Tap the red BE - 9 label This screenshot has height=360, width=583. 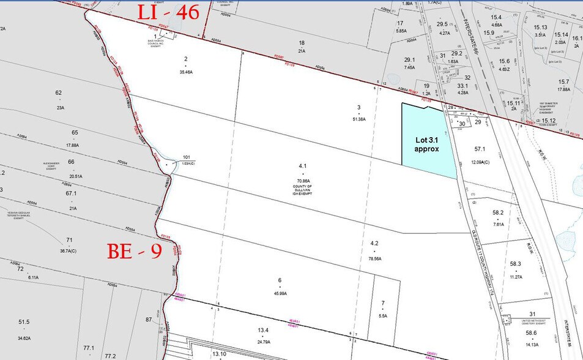[x=135, y=250]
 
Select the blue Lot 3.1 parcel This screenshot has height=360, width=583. [x=427, y=141]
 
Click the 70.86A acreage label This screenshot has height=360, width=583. [x=302, y=182]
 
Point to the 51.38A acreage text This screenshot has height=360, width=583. [x=358, y=119]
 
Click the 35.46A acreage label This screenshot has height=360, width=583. [x=185, y=72]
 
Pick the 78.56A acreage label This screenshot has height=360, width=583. [x=374, y=258]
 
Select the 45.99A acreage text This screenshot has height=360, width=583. [x=280, y=294]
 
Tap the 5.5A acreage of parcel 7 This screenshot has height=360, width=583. [x=382, y=315]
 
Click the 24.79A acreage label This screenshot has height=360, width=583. [x=263, y=342]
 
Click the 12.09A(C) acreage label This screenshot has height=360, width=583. [x=480, y=161]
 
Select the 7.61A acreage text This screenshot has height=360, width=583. [x=498, y=224]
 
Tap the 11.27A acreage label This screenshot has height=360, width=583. [x=515, y=277]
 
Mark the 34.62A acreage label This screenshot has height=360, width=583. [x=24, y=337]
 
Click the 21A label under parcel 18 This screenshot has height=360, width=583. [x=301, y=51]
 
